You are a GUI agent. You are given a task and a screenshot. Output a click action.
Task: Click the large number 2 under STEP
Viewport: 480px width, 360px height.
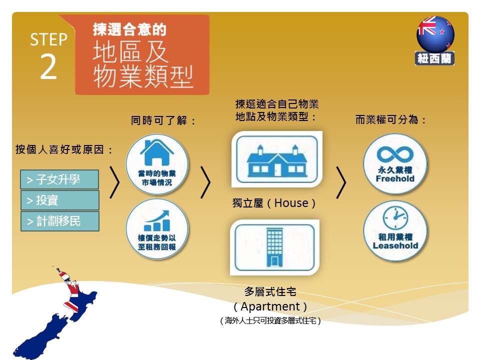[x=48, y=66]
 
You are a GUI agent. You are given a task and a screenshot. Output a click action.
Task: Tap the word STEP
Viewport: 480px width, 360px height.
[x=48, y=39]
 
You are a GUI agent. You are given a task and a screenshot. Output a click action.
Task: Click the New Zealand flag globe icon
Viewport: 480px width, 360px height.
[x=435, y=34]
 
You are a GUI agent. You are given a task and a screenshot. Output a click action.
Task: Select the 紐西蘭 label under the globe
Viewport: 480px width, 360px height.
[x=434, y=58]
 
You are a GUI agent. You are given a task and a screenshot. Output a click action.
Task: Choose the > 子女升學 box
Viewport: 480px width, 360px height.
[x=59, y=179]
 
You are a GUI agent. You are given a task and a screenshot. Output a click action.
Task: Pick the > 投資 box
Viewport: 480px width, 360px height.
[x=60, y=200]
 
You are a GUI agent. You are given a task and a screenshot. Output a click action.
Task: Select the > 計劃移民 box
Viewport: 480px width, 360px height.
[x=60, y=221]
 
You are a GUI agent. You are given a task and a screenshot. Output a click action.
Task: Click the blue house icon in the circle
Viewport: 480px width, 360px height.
[x=156, y=152]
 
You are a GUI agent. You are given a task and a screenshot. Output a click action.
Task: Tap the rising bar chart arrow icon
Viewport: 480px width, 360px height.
[x=156, y=220]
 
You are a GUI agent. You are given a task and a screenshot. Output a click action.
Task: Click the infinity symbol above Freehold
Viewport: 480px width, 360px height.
[x=395, y=154]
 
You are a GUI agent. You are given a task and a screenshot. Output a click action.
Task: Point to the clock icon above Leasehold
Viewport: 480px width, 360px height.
[x=395, y=217]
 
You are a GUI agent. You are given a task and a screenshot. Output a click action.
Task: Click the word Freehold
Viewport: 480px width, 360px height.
[x=395, y=179]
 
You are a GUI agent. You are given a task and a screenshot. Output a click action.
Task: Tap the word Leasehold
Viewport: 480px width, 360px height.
[x=395, y=246]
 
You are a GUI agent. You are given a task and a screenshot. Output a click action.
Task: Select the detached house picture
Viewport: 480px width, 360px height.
[x=277, y=159]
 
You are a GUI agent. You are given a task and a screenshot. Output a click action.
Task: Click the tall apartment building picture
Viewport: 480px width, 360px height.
[x=275, y=247]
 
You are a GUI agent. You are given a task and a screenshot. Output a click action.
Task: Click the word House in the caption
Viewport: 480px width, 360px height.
[x=291, y=203]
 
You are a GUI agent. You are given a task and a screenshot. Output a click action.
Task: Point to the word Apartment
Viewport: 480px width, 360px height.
[x=270, y=306]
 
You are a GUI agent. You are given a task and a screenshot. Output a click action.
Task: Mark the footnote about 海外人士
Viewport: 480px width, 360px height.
[x=270, y=320]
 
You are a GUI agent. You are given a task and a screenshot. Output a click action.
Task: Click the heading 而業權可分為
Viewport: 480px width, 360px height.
[x=386, y=119]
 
